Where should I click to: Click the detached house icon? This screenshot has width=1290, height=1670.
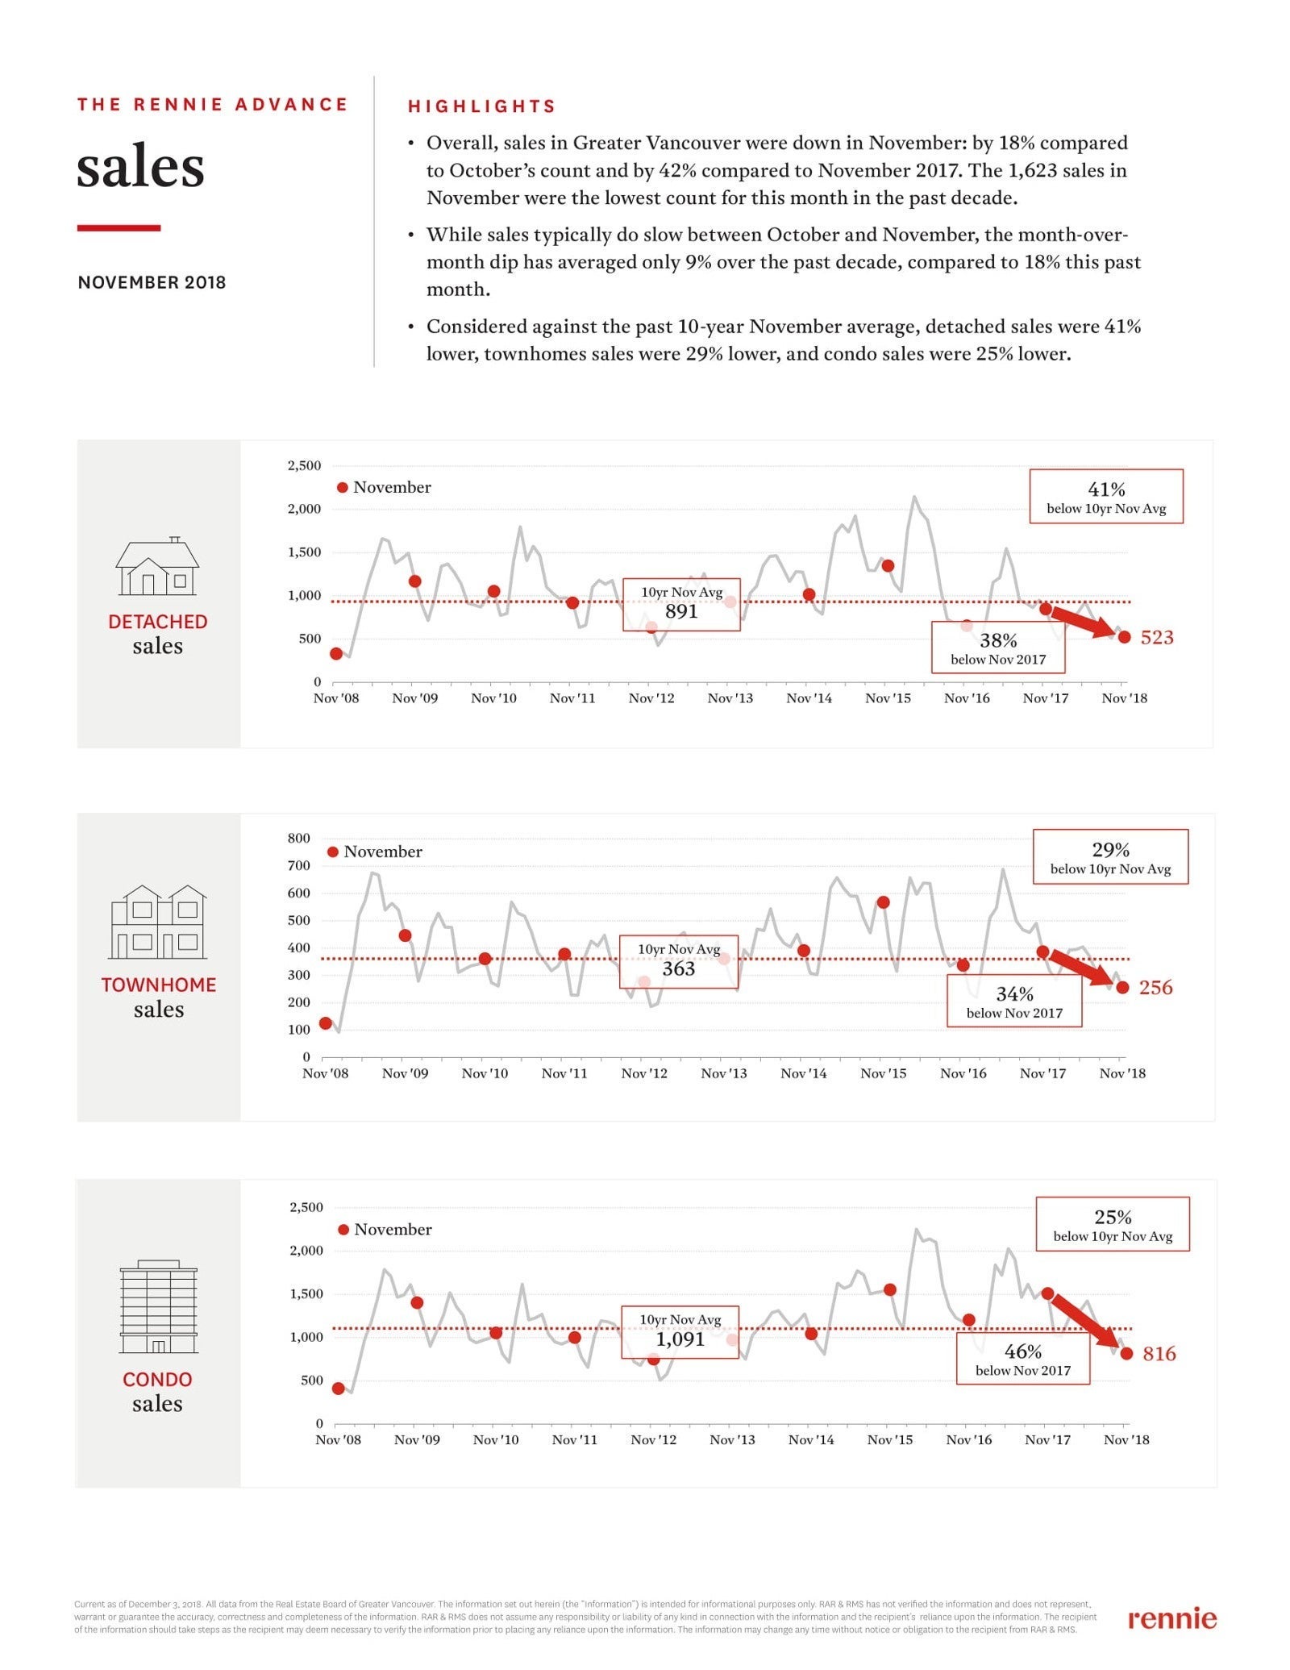click(157, 566)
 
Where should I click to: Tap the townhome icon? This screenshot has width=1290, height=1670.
click(158, 922)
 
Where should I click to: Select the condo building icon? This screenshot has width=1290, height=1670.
click(158, 1306)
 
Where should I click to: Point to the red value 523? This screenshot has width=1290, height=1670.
click(1157, 637)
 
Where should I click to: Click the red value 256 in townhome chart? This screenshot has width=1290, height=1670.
click(1155, 987)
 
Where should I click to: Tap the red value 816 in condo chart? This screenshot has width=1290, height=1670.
click(1159, 1353)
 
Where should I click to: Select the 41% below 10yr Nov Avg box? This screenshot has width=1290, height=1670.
click(1106, 497)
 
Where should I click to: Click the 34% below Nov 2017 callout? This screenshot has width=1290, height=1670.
click(1014, 1001)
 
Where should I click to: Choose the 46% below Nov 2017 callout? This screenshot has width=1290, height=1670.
click(1023, 1358)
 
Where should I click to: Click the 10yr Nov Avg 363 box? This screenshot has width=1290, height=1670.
click(679, 961)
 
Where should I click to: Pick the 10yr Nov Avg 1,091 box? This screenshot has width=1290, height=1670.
click(680, 1332)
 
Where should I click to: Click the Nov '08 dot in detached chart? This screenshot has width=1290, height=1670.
click(336, 653)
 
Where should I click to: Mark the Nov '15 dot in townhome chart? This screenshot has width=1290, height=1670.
click(883, 902)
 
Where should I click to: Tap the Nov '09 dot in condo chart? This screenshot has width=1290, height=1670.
click(417, 1302)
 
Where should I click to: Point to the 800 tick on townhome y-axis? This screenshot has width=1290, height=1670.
click(298, 838)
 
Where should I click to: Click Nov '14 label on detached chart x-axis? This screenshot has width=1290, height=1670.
click(809, 698)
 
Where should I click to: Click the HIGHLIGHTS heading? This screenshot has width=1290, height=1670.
click(481, 106)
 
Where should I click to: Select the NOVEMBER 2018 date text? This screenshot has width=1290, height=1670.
click(152, 282)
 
